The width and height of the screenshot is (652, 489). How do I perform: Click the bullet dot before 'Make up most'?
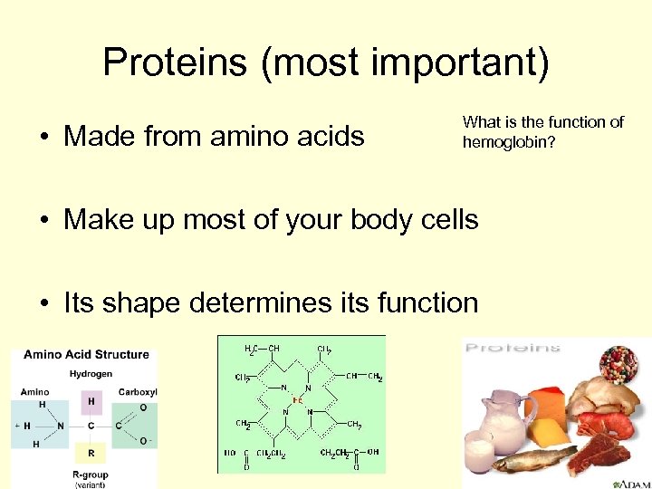pyautogui.click(x=43, y=220)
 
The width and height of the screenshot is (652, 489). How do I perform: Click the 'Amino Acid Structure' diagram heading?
pyautogui.click(x=86, y=354)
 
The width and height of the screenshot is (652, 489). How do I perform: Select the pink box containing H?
pyautogui.click(x=91, y=399)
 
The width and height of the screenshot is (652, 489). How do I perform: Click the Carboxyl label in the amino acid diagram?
pyautogui.click(x=138, y=392)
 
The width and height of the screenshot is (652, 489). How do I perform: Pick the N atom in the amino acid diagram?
pyautogui.click(x=61, y=426)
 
